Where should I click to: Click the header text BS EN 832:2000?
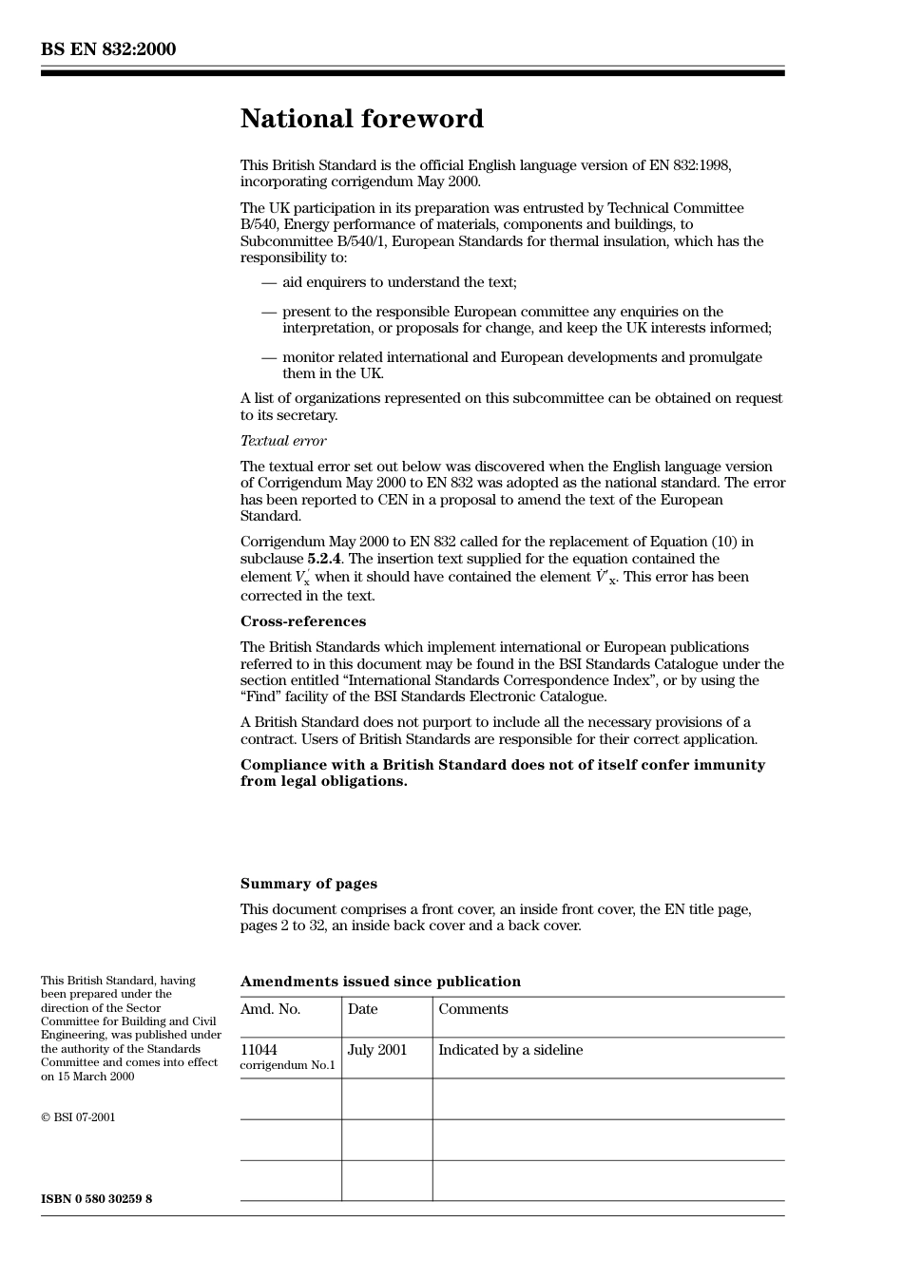pos(108,49)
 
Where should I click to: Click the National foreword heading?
pos(361,119)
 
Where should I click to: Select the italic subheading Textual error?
pos(282,441)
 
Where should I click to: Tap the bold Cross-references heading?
pos(302,621)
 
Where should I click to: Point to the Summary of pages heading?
pos(308,884)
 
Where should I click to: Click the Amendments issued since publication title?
pos(380,982)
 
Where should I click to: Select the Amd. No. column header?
pos(270,1009)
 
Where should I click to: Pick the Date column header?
pos(362,1009)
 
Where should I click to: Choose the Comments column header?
pos(472,1009)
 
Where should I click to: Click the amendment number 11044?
pos(259,1050)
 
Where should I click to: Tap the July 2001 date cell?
pos(376,1050)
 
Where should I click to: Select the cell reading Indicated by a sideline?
pos(510,1050)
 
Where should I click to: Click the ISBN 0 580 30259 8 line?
pos(96,1199)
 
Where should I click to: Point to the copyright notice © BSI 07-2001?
pos(78,1117)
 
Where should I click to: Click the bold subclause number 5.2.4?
pos(323,559)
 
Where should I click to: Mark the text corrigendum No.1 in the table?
pos(287,1065)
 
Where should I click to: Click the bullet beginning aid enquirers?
pos(399,282)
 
